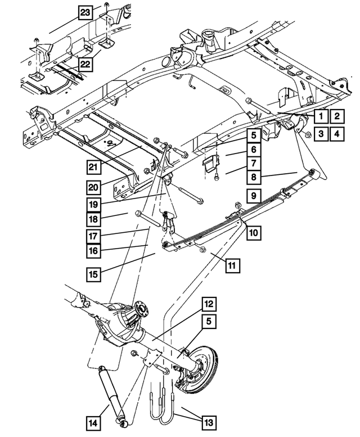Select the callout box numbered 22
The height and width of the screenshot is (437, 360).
click(84, 65)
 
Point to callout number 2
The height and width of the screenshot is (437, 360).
click(336, 117)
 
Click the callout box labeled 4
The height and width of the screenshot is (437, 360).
click(336, 134)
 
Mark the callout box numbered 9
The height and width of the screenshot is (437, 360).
click(254, 195)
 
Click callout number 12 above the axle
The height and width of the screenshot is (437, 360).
click(209, 305)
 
